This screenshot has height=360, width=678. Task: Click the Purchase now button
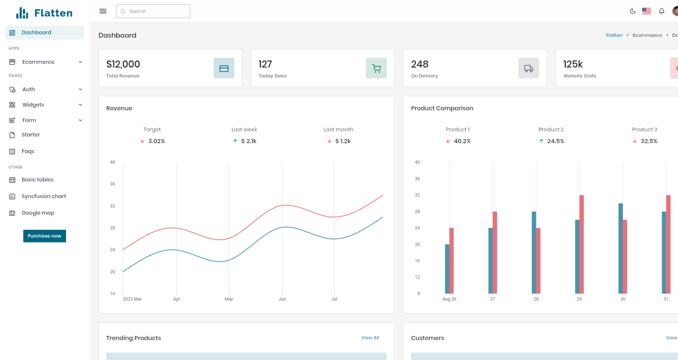pos(44,236)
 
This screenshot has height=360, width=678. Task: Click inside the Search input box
pos(155,11)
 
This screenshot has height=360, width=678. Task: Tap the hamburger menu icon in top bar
pos(103,11)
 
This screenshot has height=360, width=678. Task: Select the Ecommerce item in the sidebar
pos(38,62)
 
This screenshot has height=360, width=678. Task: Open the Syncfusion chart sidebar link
pos(43,196)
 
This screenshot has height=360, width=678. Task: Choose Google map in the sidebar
pos(38,213)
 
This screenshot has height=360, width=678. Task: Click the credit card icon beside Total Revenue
pos(224,68)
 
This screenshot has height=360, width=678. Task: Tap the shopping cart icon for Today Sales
pos(376,68)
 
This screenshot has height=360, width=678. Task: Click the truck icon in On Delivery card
pos(529,68)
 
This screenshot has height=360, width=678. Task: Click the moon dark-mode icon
pos(632,11)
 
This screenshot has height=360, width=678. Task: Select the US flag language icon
pos(647,11)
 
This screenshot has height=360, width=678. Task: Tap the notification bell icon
pos(661,11)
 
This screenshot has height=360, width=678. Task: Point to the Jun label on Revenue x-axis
pos(282,299)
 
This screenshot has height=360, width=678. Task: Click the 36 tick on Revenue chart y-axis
pos(112,184)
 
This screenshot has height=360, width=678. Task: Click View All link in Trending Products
pos(370,338)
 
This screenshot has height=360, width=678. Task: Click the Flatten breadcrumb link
pos(614,35)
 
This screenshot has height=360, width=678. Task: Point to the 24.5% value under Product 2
pos(555,141)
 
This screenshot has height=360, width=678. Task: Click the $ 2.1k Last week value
pos(249,141)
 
